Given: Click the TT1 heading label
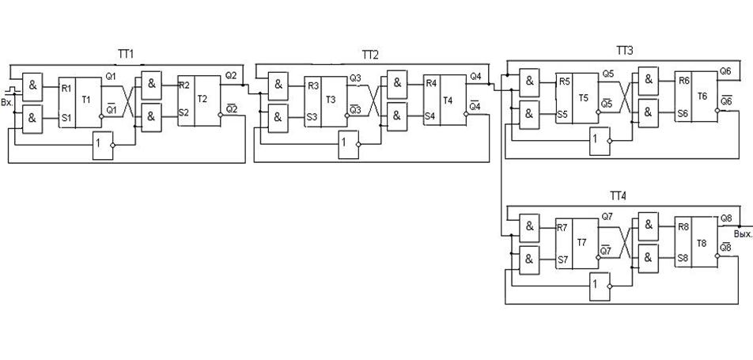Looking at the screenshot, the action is pos(127,55).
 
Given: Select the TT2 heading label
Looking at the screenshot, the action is pos(370,55).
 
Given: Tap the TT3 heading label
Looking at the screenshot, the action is pos(624,51).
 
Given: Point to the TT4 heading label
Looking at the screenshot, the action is pos(618,195).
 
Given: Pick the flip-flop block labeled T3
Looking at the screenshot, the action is pos(327,101).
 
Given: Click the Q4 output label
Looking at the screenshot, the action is pos(475,76).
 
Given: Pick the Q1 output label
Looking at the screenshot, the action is pos(111,76).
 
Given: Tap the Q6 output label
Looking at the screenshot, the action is pos(725,71).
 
